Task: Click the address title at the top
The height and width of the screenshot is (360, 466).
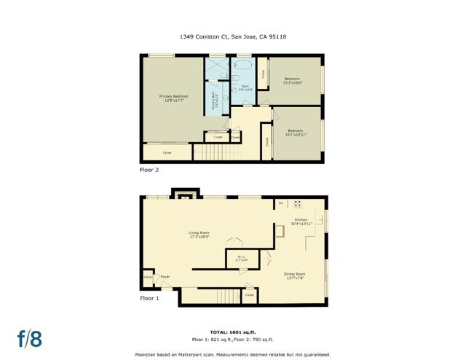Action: (232, 36)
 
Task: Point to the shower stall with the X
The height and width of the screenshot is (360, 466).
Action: (216, 69)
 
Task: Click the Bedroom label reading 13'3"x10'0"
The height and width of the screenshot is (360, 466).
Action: (293, 80)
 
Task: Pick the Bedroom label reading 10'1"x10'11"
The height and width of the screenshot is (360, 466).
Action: (296, 133)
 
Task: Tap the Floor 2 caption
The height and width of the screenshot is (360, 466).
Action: (149, 169)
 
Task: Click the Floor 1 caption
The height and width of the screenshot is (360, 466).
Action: (149, 298)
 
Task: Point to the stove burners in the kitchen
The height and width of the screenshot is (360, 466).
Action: (297, 204)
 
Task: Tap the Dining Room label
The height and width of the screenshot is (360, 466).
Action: (295, 275)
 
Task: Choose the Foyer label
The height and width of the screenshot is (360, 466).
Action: (165, 277)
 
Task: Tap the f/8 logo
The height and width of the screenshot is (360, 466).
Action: (30, 338)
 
